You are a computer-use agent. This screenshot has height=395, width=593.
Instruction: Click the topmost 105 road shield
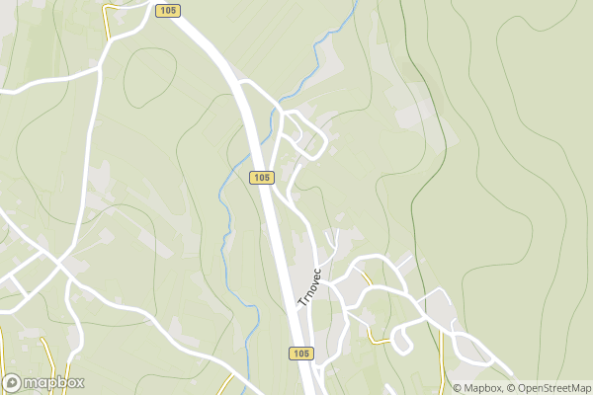(167, 10)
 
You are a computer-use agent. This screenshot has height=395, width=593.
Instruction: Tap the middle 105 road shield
(261, 177)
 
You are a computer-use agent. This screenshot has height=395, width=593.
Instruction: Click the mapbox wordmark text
(55, 383)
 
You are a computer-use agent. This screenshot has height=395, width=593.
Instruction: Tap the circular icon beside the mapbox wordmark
(14, 383)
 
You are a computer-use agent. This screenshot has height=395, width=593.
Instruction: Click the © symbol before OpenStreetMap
(508, 388)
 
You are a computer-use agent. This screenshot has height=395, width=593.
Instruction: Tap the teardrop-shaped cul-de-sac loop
(400, 340)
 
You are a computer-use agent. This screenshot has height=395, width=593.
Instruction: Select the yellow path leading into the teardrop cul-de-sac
(379, 339)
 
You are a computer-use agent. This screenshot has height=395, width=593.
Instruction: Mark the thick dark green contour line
(435, 178)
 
